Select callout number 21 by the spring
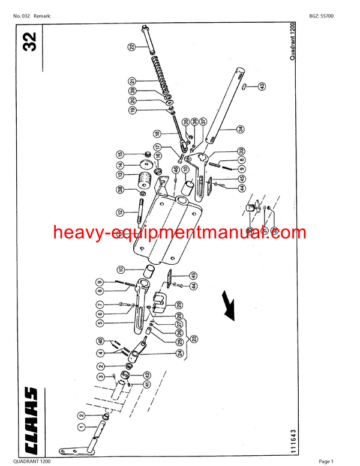131,80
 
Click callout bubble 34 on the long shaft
239,129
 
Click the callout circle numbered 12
120,211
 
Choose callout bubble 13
120,175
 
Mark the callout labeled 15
120,155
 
